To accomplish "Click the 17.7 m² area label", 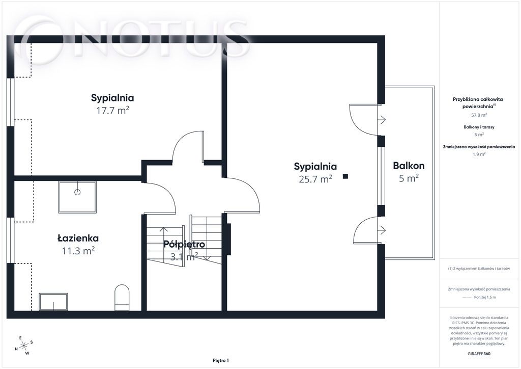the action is click(x=112, y=110).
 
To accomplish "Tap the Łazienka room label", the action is click(x=78, y=238).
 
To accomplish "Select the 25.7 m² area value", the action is click(x=315, y=179).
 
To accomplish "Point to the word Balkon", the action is click(x=409, y=165).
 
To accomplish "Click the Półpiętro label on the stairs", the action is click(x=184, y=244).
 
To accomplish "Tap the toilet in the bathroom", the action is click(x=122, y=297).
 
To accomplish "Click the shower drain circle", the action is click(x=77, y=192).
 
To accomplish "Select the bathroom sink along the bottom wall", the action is click(x=53, y=301).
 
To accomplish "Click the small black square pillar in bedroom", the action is click(x=345, y=176).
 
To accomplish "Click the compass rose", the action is click(x=24, y=346).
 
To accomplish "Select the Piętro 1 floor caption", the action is click(x=221, y=360).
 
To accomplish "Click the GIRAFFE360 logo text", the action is click(x=479, y=354).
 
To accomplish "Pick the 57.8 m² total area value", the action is click(x=479, y=115).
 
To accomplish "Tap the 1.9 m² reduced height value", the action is click(x=479, y=154).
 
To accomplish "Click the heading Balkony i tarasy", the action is click(x=479, y=127).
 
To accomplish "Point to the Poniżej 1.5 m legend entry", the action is click(x=485, y=297).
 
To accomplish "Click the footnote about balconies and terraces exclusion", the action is click(x=479, y=269).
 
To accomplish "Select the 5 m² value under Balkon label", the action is click(x=409, y=178).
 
